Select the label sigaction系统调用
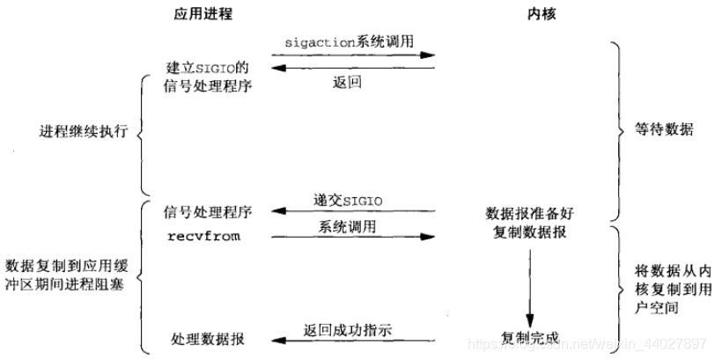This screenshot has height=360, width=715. (352, 41)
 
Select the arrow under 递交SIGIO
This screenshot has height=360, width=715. (352, 211)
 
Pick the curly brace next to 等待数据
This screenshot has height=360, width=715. (617, 129)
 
